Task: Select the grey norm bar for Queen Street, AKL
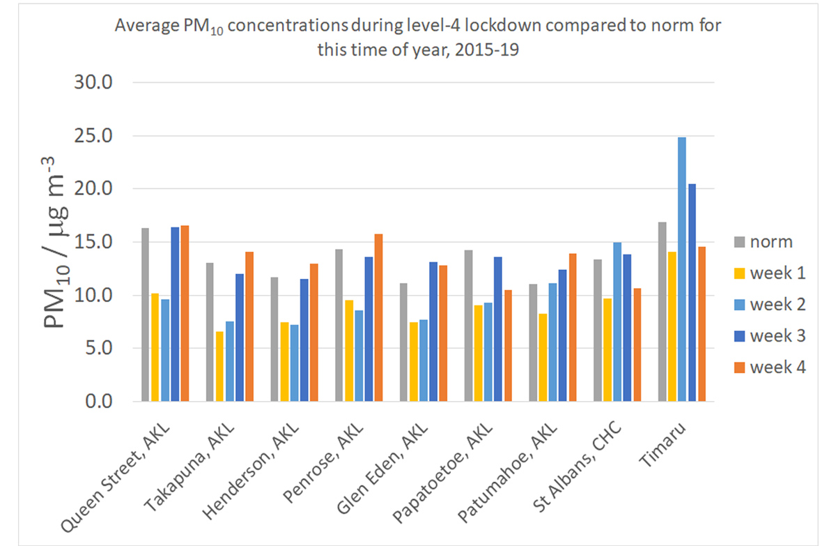coord(145,314)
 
